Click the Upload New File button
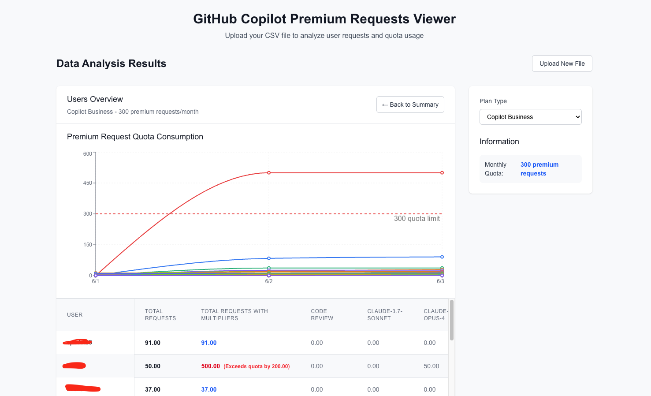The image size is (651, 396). pyautogui.click(x=562, y=64)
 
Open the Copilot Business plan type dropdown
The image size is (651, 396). pyautogui.click(x=530, y=117)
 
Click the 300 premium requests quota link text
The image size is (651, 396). pyautogui.click(x=539, y=169)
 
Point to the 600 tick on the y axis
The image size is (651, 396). pyautogui.click(x=88, y=154)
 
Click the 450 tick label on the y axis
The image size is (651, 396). pyautogui.click(x=88, y=183)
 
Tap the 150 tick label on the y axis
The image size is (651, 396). pyautogui.click(x=88, y=245)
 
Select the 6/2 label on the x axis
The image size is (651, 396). pyautogui.click(x=269, y=281)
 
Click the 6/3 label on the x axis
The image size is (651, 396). pyautogui.click(x=440, y=281)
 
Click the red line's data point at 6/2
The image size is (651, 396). pyautogui.click(x=269, y=173)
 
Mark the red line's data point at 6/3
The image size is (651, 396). pyautogui.click(x=442, y=173)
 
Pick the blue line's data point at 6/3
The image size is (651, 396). pyautogui.click(x=442, y=257)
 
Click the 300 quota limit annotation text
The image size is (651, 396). pyautogui.click(x=417, y=219)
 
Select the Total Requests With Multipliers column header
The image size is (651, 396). pyautogui.click(x=234, y=315)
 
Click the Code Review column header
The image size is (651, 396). pyautogui.click(x=322, y=315)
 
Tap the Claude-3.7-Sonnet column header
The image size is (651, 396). pyautogui.click(x=384, y=315)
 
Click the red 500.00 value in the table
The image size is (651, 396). pyautogui.click(x=210, y=366)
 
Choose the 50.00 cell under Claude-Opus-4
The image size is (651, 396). pyautogui.click(x=431, y=366)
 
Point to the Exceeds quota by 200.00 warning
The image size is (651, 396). pyautogui.click(x=257, y=366)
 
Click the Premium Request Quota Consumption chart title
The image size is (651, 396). pyautogui.click(x=135, y=137)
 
